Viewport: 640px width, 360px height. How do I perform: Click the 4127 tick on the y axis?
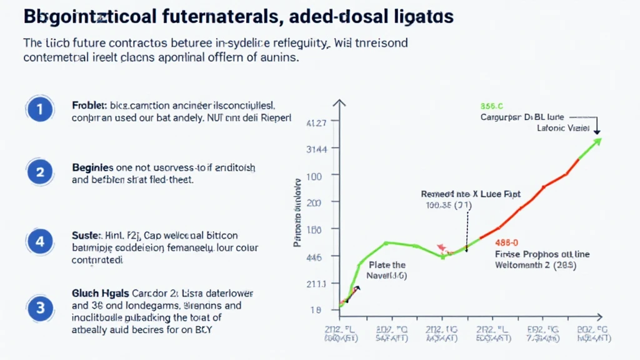(316, 124)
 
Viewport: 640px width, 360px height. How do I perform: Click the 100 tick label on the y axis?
(314, 176)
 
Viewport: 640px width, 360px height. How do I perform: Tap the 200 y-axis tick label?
(314, 203)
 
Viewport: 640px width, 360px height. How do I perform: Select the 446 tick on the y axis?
(314, 257)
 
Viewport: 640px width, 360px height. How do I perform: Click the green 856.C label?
(492, 106)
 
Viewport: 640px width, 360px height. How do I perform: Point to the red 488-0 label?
(507, 243)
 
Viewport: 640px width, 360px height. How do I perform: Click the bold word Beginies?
(92, 168)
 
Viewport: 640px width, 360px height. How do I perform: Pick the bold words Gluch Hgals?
(101, 293)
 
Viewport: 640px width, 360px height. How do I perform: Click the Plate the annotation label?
(387, 265)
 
